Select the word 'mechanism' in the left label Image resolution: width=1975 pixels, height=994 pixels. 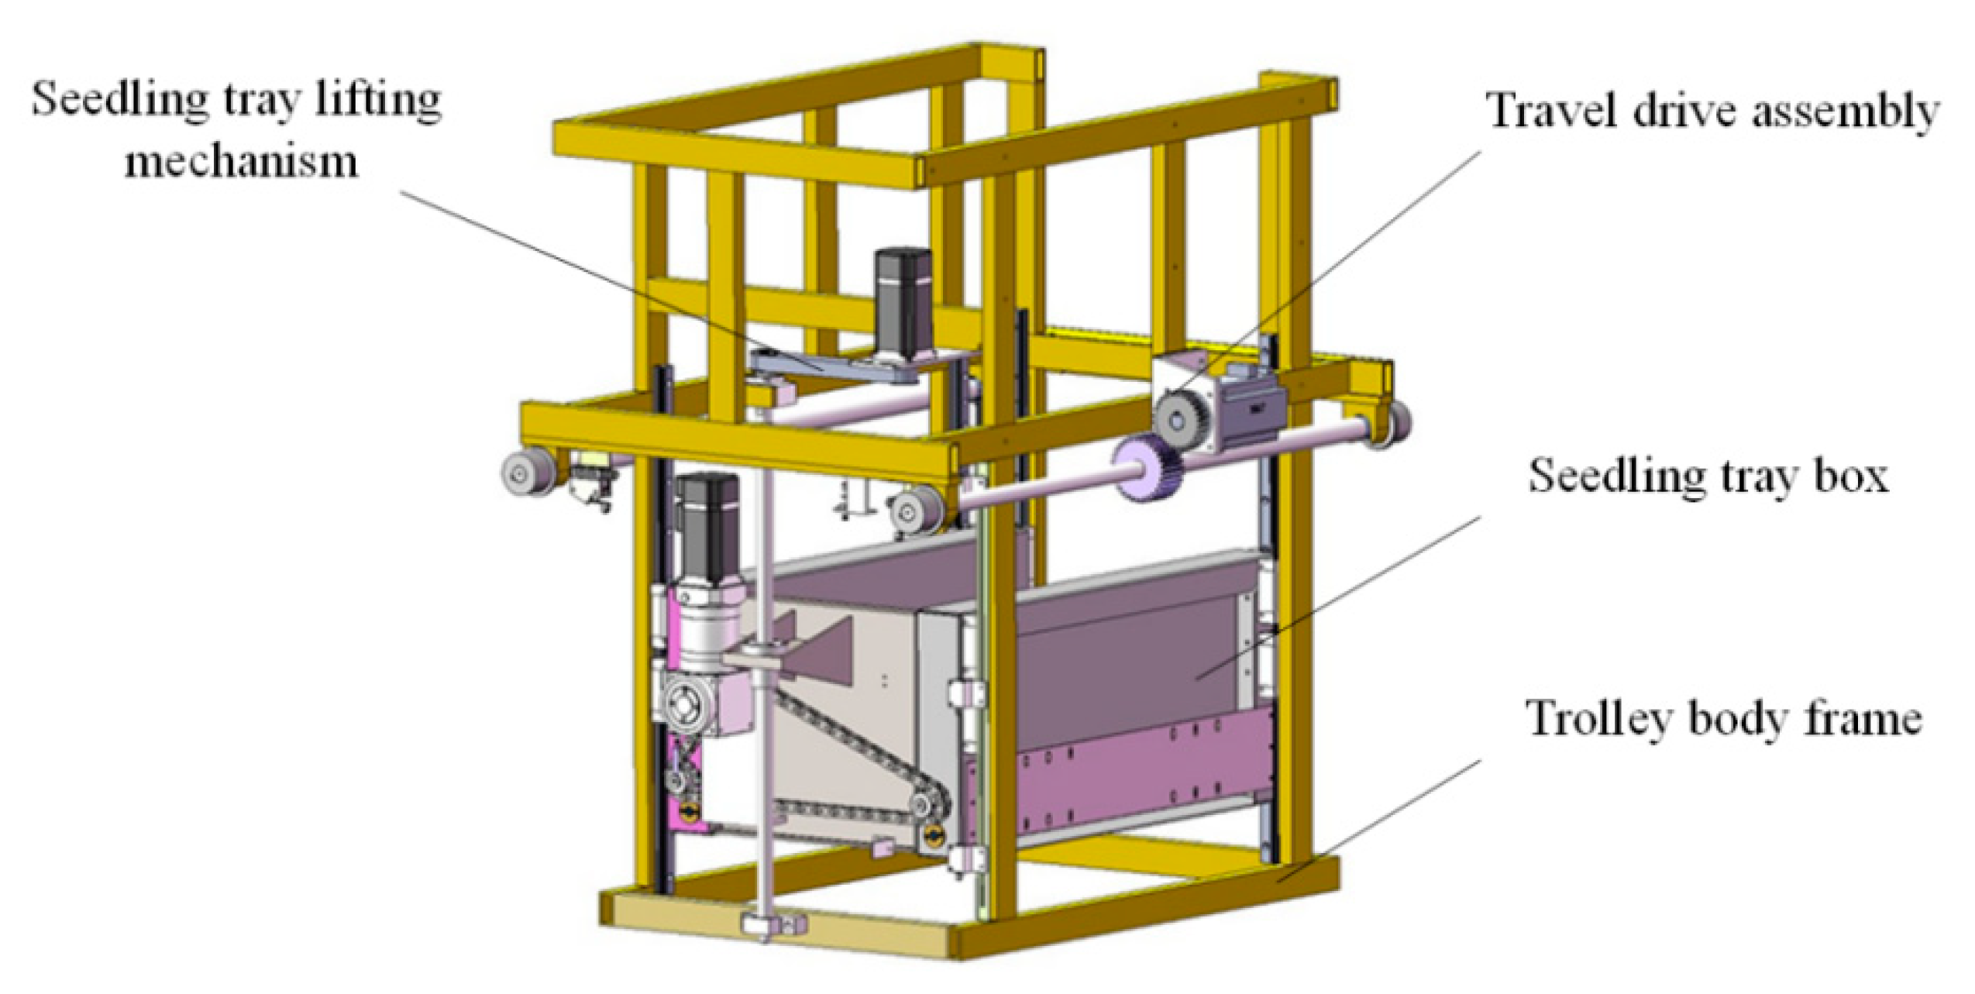[242, 161]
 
